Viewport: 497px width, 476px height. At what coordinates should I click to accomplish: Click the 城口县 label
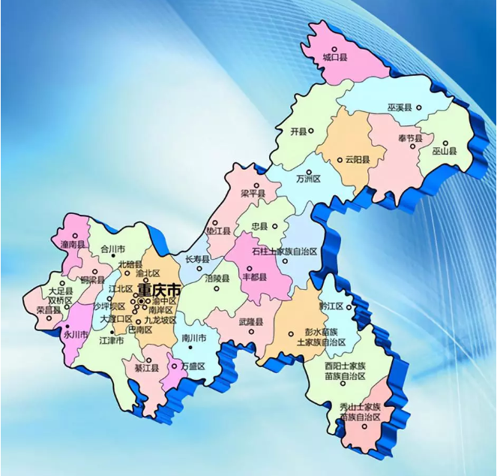pyautogui.click(x=335, y=57)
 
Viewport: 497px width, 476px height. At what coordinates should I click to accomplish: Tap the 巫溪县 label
pyautogui.click(x=400, y=107)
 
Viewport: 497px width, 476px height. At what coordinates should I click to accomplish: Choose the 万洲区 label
pyautogui.click(x=308, y=179)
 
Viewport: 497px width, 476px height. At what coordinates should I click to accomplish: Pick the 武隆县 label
pyautogui.click(x=250, y=321)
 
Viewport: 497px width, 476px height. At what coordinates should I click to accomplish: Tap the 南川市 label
pyautogui.click(x=194, y=339)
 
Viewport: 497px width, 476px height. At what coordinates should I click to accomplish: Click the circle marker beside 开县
pyautogui.click(x=311, y=131)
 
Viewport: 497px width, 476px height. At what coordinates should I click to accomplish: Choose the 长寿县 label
pyautogui.click(x=197, y=259)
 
